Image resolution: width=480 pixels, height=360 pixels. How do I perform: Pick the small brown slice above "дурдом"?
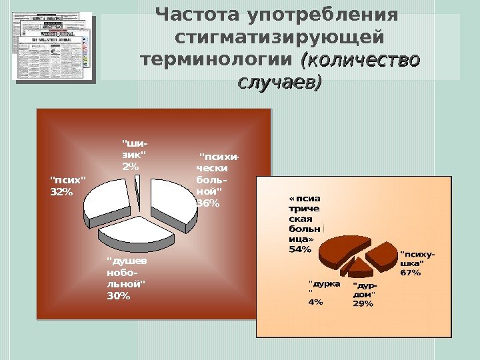coord(360,269)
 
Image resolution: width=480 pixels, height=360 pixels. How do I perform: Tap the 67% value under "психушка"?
coord(410,272)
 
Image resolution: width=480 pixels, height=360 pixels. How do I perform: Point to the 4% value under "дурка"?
coord(315,301)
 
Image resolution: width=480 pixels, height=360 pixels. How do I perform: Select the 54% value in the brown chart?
coord(300,249)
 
